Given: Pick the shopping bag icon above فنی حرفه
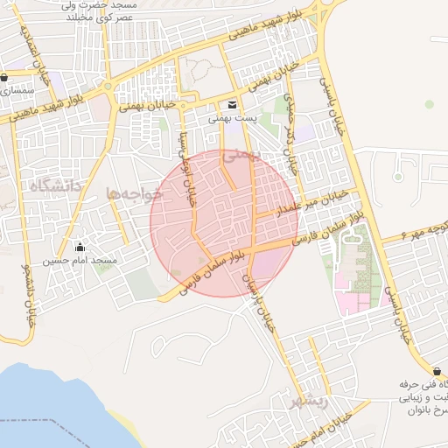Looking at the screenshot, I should (x=437, y=372).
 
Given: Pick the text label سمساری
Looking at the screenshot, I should (x=15, y=90).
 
